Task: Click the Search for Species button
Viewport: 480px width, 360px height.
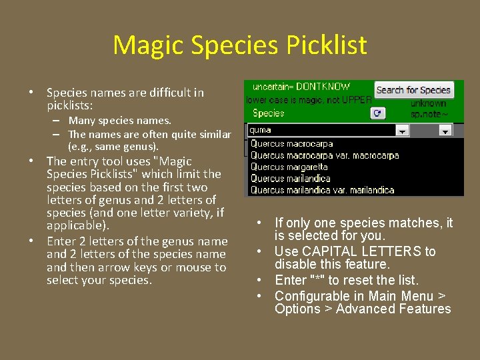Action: [413, 90]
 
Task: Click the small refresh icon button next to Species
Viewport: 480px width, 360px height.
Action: [377, 113]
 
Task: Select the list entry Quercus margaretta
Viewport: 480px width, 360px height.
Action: [289, 167]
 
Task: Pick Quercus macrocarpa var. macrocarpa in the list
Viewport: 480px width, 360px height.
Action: [325, 155]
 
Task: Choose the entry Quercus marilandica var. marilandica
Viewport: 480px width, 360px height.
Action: [322, 190]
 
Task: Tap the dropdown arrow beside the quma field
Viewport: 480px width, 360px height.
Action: [402, 131]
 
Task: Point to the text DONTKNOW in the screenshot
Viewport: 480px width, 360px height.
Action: [323, 87]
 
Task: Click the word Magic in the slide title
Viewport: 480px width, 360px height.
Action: [147, 45]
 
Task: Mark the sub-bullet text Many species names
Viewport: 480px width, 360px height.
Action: [120, 121]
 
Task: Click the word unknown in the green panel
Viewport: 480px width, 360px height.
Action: [428, 103]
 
